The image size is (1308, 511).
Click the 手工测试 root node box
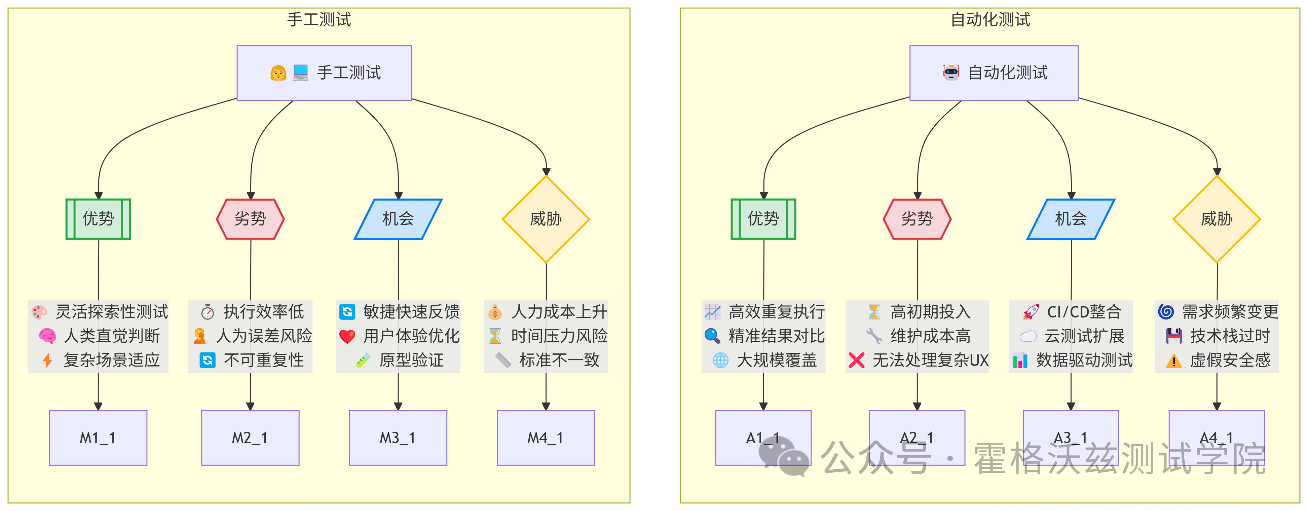[x=324, y=73]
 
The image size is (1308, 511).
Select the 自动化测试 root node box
[x=994, y=73]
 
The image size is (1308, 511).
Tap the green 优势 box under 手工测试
[x=99, y=219]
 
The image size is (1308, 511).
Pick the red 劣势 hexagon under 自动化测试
[x=917, y=219]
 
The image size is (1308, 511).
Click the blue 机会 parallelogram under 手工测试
[x=398, y=219]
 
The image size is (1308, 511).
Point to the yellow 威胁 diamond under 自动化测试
[x=1217, y=219]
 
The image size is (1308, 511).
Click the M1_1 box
[x=98, y=438]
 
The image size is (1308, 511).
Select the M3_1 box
[x=398, y=438]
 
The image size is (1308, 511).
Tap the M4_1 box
[x=546, y=438]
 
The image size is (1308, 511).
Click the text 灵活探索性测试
[x=112, y=311]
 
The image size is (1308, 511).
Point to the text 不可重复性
[x=264, y=360]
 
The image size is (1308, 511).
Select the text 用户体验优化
[x=411, y=336]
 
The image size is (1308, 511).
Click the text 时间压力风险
[x=559, y=336]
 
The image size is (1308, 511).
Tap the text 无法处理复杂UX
[x=930, y=360]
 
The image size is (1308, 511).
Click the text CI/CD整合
[x=1084, y=311]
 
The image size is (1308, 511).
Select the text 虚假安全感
[x=1230, y=360]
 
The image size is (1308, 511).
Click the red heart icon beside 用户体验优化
[x=347, y=336]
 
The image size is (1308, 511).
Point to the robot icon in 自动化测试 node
[x=951, y=73]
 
